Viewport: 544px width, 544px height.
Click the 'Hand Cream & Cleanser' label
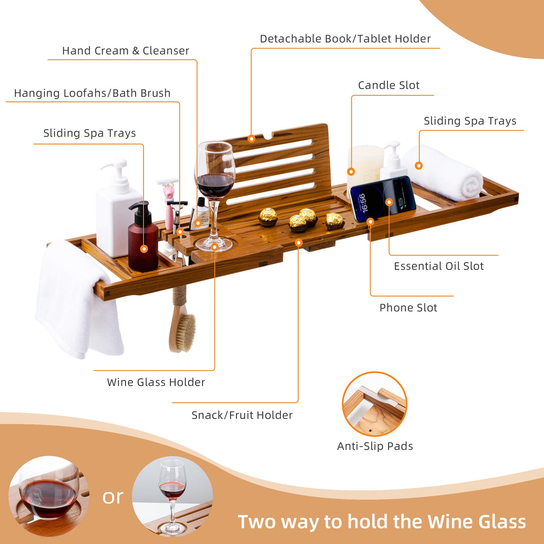tap(125, 51)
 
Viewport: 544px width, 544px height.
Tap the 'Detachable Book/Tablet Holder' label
tap(345, 39)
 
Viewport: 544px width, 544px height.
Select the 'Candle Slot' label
tap(389, 85)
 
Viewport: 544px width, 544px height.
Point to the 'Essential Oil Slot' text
tap(438, 266)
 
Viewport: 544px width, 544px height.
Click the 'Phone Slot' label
tap(408, 308)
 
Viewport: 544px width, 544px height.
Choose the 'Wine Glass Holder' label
tap(155, 382)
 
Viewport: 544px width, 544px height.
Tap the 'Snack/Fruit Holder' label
tap(242, 415)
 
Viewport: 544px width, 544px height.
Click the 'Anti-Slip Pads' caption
tap(375, 446)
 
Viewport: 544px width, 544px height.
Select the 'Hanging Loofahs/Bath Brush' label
tap(92, 93)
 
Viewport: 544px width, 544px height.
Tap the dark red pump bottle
tap(143, 240)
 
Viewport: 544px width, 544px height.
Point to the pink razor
tap(168, 202)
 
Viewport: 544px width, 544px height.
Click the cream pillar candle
tap(364, 164)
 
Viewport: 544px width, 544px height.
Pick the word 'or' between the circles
tap(112, 497)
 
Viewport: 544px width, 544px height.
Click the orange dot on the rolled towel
tap(419, 166)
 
